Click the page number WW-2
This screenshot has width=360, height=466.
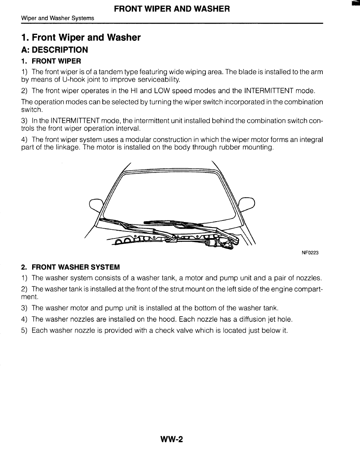[172, 440]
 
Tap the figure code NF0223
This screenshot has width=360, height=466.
[310, 253]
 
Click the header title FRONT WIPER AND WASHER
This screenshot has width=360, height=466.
[172, 9]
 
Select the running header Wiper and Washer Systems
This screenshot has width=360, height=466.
[57, 18]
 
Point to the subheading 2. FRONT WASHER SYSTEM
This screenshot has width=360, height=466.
[70, 267]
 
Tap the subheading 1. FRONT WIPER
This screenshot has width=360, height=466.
[51, 61]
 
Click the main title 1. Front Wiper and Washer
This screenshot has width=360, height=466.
[81, 38]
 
